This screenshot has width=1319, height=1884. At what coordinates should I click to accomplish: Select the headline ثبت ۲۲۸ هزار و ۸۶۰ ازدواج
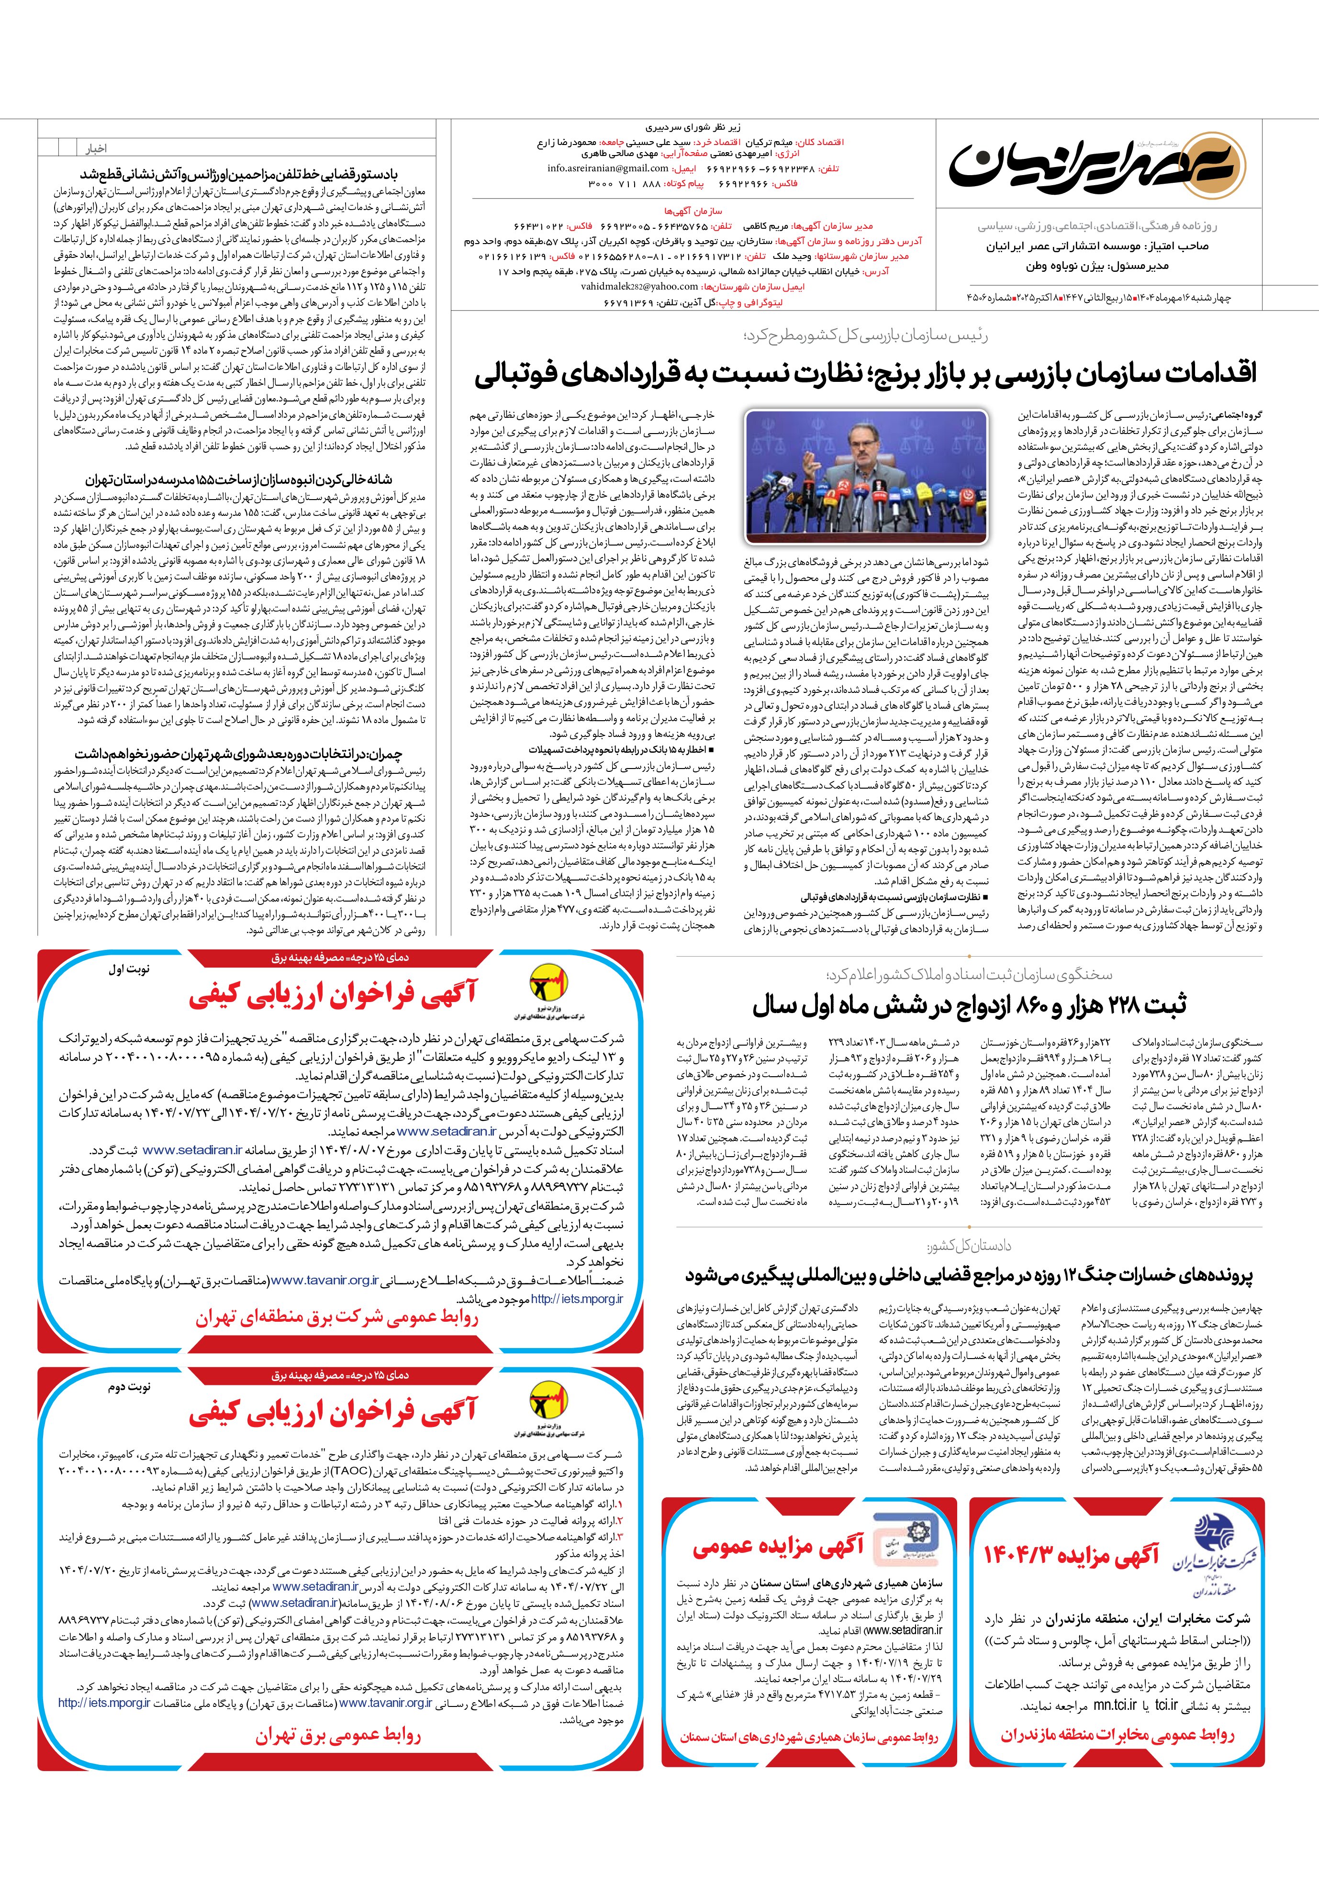(x=969, y=1005)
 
